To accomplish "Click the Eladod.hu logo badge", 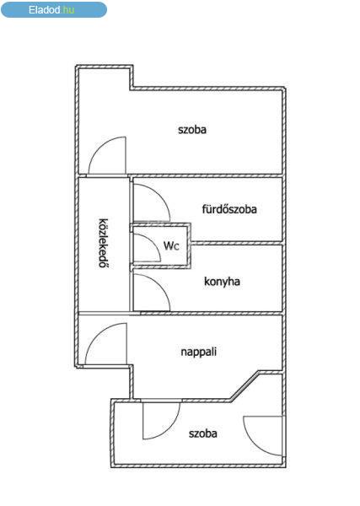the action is [x=54, y=9].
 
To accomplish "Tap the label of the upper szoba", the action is [x=192, y=130].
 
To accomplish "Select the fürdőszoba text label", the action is [x=229, y=209].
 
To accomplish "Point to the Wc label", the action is [x=171, y=246].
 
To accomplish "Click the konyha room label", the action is [x=222, y=282].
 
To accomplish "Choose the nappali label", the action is [x=198, y=352].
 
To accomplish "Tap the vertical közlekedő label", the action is [x=104, y=244].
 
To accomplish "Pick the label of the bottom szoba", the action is [x=203, y=433].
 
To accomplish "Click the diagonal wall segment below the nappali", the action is [x=244, y=385].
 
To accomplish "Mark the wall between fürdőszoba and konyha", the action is [x=236, y=243].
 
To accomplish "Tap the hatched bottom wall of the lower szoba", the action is [x=198, y=466].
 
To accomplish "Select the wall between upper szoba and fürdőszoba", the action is [x=206, y=176].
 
